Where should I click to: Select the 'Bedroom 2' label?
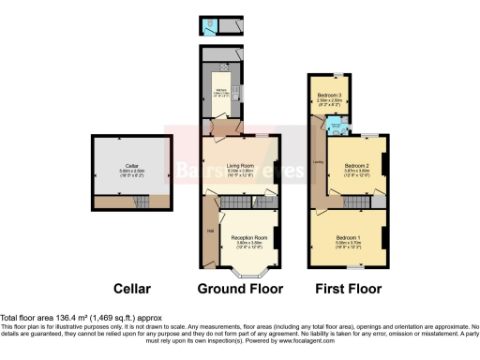[355, 166]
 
